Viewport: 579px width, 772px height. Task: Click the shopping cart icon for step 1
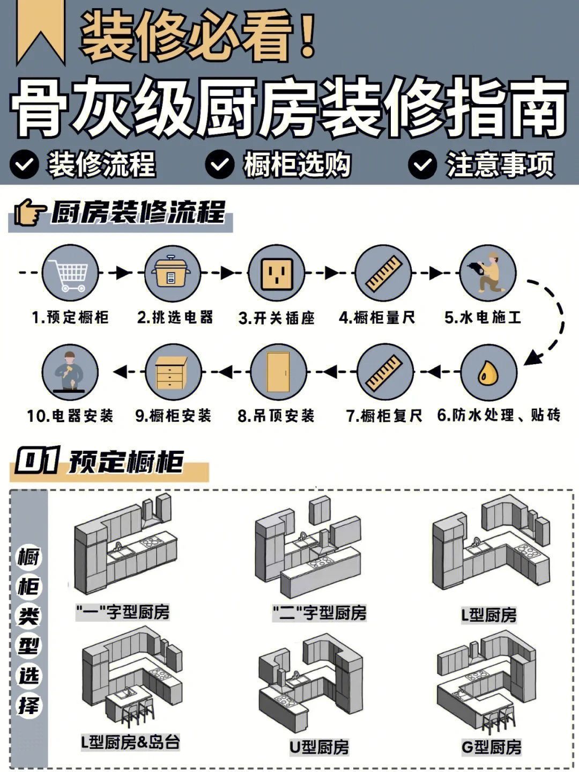(x=70, y=273)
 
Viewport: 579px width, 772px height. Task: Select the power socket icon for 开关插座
(x=277, y=273)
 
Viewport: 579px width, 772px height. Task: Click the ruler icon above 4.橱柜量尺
(x=383, y=273)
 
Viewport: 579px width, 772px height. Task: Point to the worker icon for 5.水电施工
(x=487, y=273)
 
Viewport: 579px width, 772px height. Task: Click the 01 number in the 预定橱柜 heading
(x=36, y=461)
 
